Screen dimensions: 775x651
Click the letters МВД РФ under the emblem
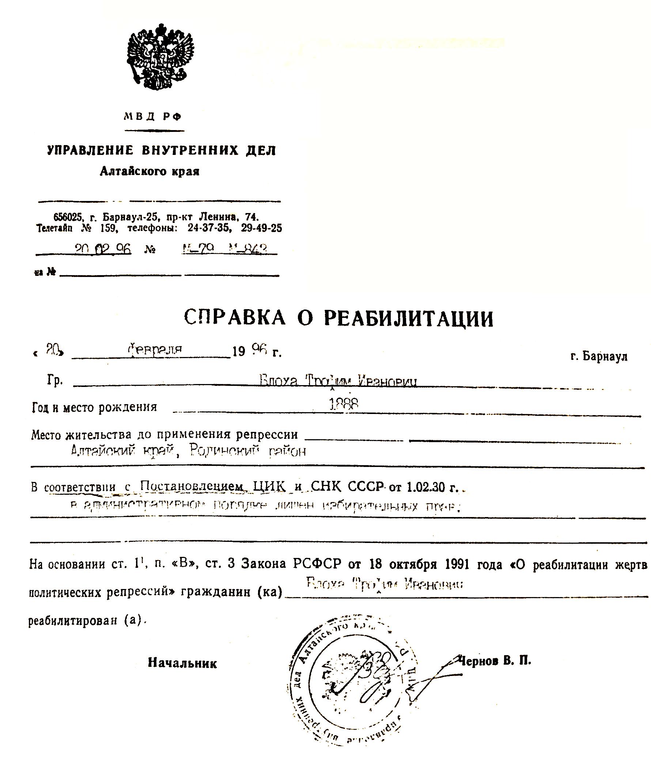coord(153,117)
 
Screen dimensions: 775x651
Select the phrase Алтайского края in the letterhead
coord(149,172)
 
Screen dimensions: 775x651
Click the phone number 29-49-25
coord(261,228)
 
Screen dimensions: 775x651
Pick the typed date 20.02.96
coord(103,250)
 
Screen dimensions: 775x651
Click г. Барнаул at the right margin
coord(599,356)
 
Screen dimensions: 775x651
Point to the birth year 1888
coord(343,404)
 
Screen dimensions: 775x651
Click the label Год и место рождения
coord(95,407)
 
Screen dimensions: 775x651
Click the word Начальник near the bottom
coord(182,663)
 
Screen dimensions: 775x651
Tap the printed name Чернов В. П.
coord(495,660)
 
